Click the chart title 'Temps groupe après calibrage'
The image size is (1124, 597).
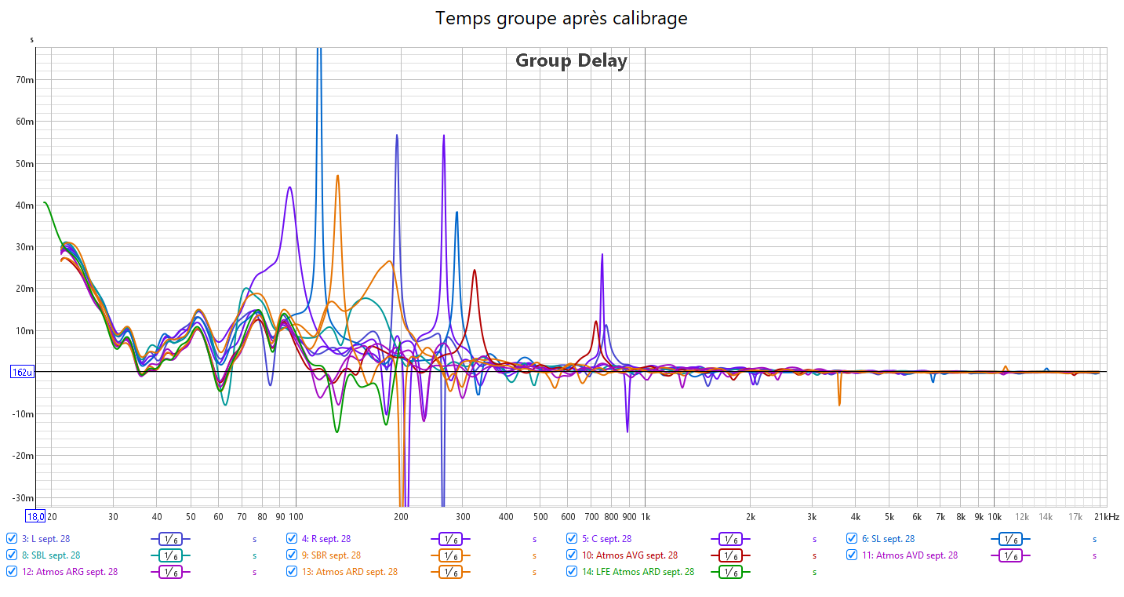coord(562,18)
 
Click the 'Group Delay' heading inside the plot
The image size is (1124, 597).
coord(571,61)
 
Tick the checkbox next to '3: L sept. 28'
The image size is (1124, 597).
coord(12,539)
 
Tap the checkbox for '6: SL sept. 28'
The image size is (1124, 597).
coord(852,539)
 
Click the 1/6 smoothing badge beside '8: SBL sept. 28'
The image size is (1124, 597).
coord(170,555)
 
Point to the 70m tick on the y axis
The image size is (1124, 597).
coord(24,80)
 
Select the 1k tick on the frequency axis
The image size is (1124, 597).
coord(646,517)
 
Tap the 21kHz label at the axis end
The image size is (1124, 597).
coord(1106,517)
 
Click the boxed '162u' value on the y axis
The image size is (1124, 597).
coord(21,373)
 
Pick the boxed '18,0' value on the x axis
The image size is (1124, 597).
coord(35,517)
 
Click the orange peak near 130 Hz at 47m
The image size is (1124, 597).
coord(337,176)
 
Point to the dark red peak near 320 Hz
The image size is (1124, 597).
coord(475,271)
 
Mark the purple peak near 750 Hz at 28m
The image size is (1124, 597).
coord(602,255)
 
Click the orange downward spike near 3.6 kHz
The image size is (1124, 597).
coord(839,404)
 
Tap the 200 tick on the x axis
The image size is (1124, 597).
coord(401,517)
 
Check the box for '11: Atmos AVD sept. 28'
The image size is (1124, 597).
coord(852,555)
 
